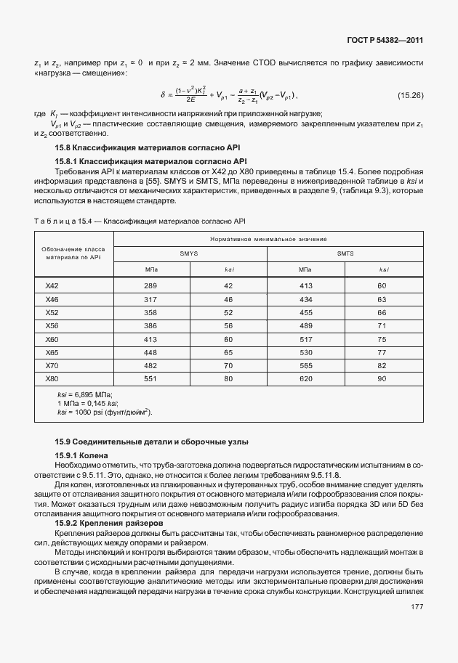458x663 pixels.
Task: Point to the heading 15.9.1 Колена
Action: [82, 455]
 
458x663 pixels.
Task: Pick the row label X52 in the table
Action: [52, 312]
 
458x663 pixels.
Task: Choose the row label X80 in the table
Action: [52, 378]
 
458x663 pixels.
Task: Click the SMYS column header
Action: [190, 254]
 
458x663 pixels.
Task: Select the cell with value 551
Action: [150, 378]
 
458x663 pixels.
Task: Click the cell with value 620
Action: [305, 378]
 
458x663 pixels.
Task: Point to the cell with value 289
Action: [150, 286]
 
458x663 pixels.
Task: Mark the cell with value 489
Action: [305, 326]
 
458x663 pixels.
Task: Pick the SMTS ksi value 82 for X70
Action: [382, 365]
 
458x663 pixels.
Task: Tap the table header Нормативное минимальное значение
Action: [268, 239]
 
